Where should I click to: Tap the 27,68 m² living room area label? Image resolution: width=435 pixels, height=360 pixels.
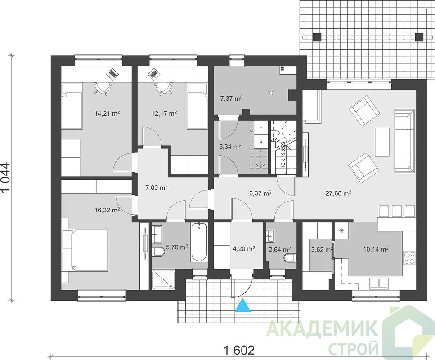[x=338, y=193]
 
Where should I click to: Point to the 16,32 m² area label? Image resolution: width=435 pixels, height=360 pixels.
[x=107, y=210]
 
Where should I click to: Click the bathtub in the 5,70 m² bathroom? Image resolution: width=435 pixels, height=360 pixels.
[x=199, y=242]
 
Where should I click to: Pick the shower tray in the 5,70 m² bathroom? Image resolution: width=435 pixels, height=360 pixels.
[x=164, y=279]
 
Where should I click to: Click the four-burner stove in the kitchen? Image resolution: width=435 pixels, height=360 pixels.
[x=409, y=258]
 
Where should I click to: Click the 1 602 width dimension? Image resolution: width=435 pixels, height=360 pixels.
[x=239, y=350]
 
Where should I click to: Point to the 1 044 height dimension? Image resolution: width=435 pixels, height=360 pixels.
[x=6, y=178]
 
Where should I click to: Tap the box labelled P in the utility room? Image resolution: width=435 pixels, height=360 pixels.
[x=261, y=127]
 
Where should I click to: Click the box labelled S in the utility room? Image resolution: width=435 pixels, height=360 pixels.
[x=261, y=141]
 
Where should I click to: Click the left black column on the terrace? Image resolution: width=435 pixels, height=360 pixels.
[x=318, y=37]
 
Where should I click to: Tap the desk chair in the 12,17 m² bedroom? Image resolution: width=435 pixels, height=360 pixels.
[x=163, y=88]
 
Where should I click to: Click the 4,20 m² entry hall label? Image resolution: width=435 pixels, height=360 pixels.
[x=244, y=249]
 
